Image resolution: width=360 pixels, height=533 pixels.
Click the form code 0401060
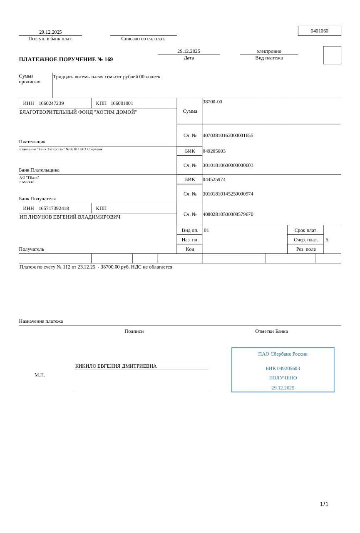tap(319, 31)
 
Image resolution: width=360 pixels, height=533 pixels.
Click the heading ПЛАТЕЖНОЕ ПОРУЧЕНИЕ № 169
tap(66, 60)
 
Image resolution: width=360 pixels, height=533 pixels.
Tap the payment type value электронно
tap(269, 51)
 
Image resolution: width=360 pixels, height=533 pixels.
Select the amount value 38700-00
tap(212, 102)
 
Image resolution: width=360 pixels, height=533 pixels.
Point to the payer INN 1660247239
tap(51, 103)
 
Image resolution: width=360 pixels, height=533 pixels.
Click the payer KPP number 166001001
tap(122, 103)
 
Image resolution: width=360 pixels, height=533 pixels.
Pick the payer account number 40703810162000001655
tap(228, 135)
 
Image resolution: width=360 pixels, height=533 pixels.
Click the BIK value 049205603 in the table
tap(214, 151)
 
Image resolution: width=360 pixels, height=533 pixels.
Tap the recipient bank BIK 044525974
tap(214, 179)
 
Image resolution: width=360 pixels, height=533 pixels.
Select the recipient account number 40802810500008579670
tap(228, 214)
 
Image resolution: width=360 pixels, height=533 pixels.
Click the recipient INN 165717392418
tap(54, 208)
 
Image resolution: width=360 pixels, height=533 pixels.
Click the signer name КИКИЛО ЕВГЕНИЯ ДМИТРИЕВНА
tap(116, 366)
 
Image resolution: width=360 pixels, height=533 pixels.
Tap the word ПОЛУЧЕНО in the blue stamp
tap(283, 378)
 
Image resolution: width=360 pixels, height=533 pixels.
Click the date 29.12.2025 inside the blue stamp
tap(283, 388)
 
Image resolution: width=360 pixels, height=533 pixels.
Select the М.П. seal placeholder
tap(40, 375)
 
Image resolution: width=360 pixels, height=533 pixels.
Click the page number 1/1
tap(324, 504)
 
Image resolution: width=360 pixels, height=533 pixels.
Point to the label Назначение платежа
tap(41, 321)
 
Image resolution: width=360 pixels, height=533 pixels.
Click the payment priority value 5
tap(327, 240)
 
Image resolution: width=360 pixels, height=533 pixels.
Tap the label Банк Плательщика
tap(39, 170)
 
